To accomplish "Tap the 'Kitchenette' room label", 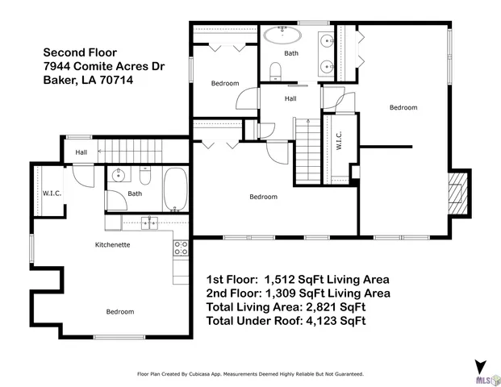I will pyautogui.click(x=113, y=244).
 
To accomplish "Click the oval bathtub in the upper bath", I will pyautogui.click(x=281, y=35).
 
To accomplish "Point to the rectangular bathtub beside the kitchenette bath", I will pyautogui.click(x=176, y=189).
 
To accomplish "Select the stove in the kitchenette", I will pyautogui.click(x=181, y=248).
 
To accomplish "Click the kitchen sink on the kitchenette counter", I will pyautogui.click(x=150, y=223).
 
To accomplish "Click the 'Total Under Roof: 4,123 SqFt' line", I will pyautogui.click(x=286, y=321).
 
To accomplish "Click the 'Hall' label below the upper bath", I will pyautogui.click(x=290, y=98).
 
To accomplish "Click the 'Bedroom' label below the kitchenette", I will pyautogui.click(x=120, y=311).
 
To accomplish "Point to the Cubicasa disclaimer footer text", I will pyautogui.click(x=250, y=374).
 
